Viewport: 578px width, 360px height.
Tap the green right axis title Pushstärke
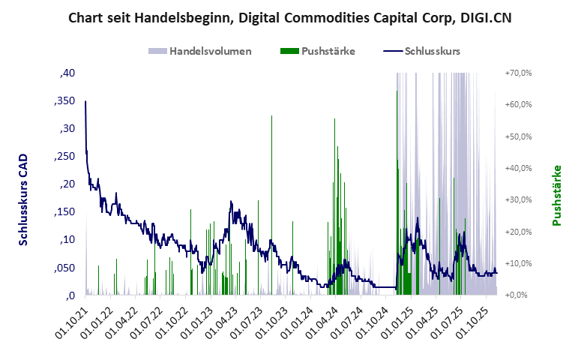click(556, 195)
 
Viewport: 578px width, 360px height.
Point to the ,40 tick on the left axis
click(67, 73)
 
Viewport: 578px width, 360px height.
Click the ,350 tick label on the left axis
click(64, 100)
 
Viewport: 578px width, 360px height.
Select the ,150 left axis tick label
click(64, 211)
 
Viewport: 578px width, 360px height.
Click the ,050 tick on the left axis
click(64, 267)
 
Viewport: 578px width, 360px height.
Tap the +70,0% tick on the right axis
click(518, 73)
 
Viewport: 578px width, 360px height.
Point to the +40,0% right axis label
click(518, 168)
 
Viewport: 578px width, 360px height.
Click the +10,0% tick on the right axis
click(518, 263)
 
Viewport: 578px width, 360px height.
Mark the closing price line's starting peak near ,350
click(85, 101)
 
